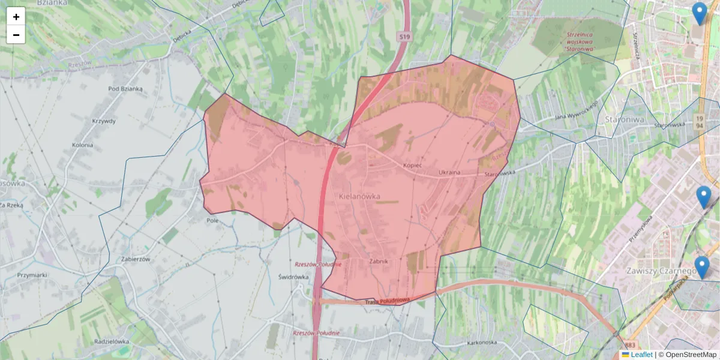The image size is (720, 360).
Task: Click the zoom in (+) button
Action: coord(16,17)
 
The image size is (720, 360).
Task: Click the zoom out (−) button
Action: coord(16,35)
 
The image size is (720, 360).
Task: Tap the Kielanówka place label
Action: coord(359,196)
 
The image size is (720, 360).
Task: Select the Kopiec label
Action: coord(413,164)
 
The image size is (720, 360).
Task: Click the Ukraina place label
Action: coord(449,173)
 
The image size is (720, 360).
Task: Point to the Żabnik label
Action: coord(379,261)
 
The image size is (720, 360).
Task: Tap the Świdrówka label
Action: coord(293,277)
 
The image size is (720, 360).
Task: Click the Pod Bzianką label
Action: coord(125,89)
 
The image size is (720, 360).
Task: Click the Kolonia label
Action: coord(82,145)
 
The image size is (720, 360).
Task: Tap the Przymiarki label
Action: coord(32,274)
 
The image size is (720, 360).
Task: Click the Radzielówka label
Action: coord(112,341)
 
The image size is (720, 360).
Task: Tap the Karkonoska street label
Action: coord(479,343)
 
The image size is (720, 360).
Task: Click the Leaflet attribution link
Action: coord(641,355)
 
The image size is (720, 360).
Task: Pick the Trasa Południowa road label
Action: coord(387,301)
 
